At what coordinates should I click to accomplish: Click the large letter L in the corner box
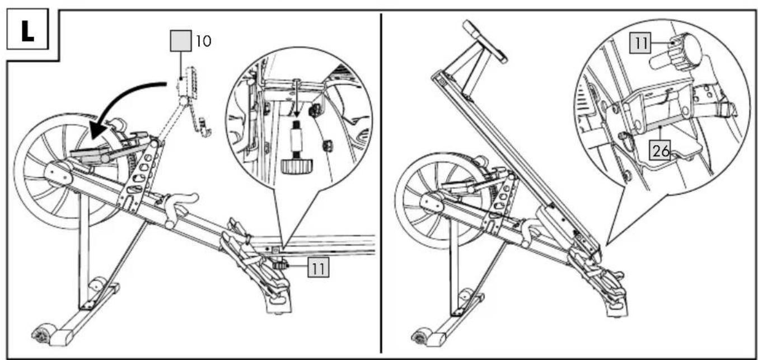(28, 31)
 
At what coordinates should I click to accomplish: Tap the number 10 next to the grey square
(203, 41)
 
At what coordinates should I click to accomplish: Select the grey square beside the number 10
(181, 41)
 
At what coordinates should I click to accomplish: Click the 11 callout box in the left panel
(318, 268)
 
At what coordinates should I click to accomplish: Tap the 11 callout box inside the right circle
(640, 43)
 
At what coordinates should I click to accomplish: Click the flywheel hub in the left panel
(58, 174)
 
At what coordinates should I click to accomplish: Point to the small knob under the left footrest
(279, 266)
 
